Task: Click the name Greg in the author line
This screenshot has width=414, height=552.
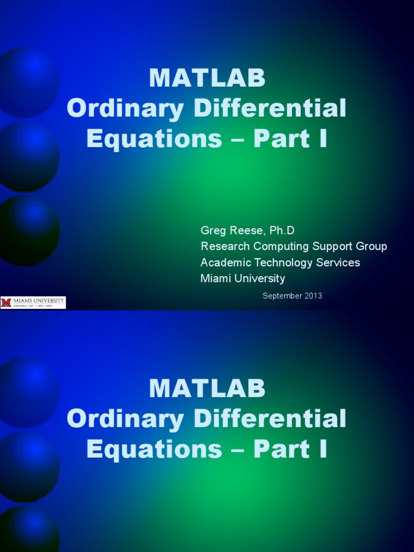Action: point(211,231)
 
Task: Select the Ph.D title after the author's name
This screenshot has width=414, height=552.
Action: point(280,231)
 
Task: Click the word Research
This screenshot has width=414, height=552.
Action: point(223,246)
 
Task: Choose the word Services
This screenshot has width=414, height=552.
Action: point(337,263)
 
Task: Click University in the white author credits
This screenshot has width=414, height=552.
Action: point(258,279)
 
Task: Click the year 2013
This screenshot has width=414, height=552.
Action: point(313,295)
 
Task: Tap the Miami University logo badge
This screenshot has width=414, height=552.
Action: point(33,302)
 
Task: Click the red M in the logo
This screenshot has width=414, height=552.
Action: point(6,302)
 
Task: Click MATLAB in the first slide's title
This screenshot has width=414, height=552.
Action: point(207,79)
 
